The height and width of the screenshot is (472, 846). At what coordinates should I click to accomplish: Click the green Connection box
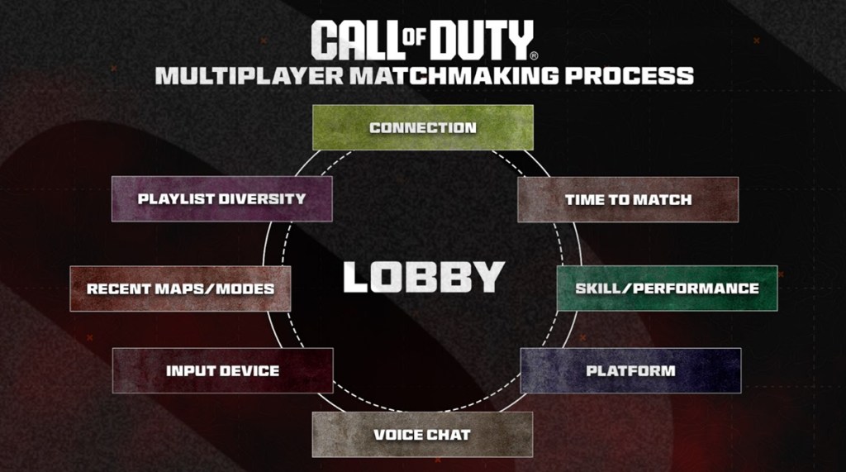pyautogui.click(x=422, y=127)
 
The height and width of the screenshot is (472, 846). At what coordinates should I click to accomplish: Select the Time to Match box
pyautogui.click(x=628, y=199)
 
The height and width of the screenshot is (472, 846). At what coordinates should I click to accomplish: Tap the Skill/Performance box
pyautogui.click(x=667, y=288)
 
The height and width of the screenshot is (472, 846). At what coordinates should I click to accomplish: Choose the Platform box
pyautogui.click(x=630, y=370)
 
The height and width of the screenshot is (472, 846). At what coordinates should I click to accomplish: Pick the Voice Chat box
pyautogui.click(x=422, y=434)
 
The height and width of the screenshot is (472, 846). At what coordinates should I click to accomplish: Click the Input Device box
pyautogui.click(x=222, y=370)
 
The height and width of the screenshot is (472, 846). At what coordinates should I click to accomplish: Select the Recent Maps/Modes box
pyautogui.click(x=180, y=288)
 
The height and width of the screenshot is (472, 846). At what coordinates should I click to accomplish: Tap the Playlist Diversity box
pyautogui.click(x=221, y=198)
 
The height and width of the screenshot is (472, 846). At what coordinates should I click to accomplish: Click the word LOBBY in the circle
pyautogui.click(x=423, y=277)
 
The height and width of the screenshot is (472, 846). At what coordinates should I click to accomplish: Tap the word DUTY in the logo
pyautogui.click(x=488, y=39)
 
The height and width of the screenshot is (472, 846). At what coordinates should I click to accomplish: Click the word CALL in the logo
pyautogui.click(x=356, y=39)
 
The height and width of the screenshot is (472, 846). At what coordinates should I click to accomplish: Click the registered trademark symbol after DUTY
pyautogui.click(x=534, y=55)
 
